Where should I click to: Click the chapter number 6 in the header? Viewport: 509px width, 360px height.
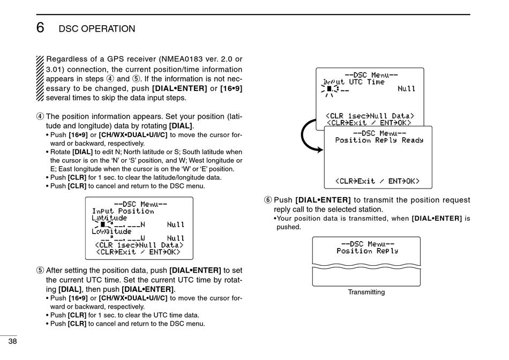pyautogui.click(x=40, y=28)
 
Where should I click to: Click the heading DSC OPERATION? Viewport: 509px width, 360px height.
pyautogui.click(x=97, y=29)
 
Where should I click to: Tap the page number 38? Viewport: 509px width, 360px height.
pyautogui.click(x=12, y=341)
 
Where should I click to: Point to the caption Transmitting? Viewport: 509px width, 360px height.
pyautogui.click(x=366, y=292)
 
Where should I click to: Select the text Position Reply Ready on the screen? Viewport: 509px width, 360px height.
pyautogui.click(x=379, y=140)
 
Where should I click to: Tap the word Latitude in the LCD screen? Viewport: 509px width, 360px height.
pyautogui.click(x=109, y=218)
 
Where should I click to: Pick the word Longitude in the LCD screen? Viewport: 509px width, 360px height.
pyautogui.click(x=111, y=231)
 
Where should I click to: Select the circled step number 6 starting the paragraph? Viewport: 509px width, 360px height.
pyautogui.click(x=268, y=200)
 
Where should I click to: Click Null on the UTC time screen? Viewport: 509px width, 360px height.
pyautogui.click(x=407, y=89)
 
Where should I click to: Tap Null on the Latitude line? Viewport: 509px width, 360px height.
pyautogui.click(x=176, y=225)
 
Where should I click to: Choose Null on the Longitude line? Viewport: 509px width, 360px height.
pyautogui.click(x=176, y=238)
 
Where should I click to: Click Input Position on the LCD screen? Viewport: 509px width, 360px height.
pyautogui.click(x=123, y=211)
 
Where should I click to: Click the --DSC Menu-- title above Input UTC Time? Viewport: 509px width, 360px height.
pyautogui.click(x=371, y=75)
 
